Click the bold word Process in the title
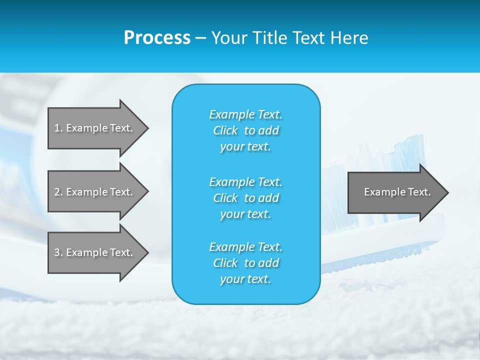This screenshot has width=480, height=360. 157,38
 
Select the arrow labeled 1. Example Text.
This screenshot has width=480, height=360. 95,128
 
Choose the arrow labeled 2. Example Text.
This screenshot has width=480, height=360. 95,192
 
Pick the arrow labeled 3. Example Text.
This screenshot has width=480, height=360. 95,252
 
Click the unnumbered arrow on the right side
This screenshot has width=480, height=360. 395,192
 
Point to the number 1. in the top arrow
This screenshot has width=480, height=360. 58,128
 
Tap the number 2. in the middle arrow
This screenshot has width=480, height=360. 58,192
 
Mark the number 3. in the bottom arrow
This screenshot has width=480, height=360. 58,252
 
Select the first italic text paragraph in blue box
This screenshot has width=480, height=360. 245,130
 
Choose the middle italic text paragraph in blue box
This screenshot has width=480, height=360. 245,198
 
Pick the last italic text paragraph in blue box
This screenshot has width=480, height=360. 245,263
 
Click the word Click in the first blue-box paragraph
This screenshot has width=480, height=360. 225,130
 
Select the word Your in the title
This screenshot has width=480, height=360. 228,38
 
